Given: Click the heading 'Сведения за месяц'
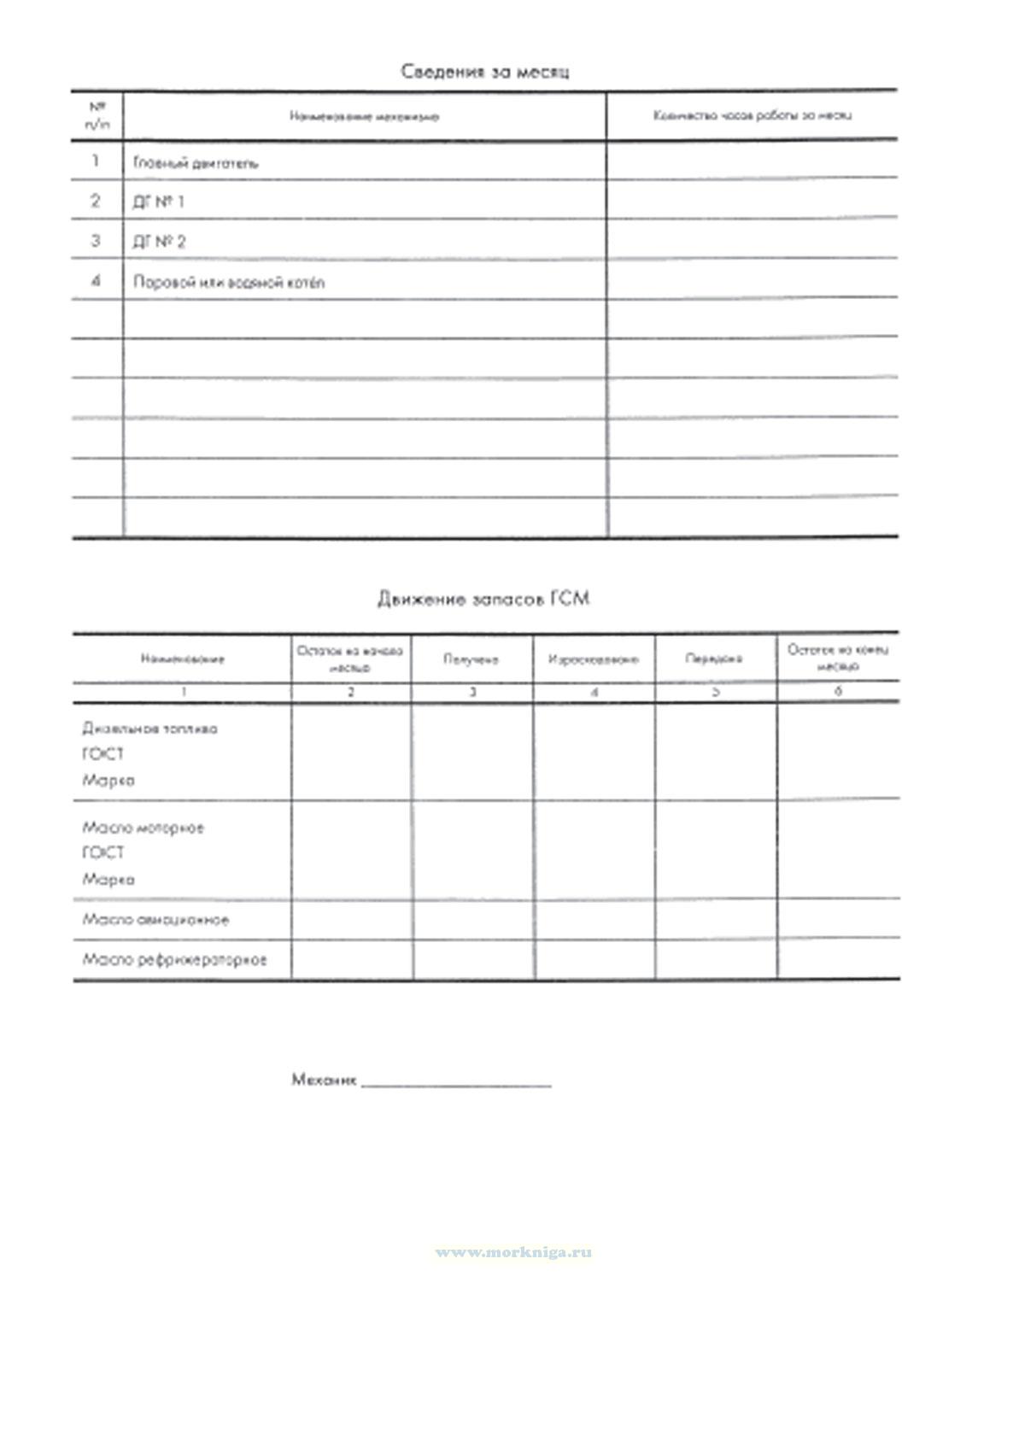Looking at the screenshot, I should coord(484,71).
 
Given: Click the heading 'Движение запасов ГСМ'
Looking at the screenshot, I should coord(483,599).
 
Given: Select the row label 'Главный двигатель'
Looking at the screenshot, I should coord(196,162).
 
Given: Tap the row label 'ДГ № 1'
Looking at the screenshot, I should coord(158,202).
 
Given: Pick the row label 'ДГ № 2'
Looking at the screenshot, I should coord(159,242).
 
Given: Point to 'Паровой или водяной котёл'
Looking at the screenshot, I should coord(229,282).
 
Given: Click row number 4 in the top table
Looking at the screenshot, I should coord(96,281).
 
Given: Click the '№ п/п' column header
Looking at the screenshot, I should coord(97,115).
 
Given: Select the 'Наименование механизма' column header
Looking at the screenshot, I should coord(365,116).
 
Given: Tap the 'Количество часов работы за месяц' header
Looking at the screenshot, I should coord(752,115).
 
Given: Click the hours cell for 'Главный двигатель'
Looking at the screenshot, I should coord(752,160).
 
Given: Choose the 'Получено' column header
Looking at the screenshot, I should coord(471,659).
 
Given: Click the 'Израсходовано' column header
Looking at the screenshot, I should coord(594,659).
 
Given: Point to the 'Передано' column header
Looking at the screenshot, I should coord(714,659).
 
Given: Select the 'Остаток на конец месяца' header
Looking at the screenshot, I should coord(837,657).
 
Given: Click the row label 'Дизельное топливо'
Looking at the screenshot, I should coord(149,729).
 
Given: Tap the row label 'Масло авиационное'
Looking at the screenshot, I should coord(155,920).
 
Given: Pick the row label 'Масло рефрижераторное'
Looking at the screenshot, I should coord(174,959).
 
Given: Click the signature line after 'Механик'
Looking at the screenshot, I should coord(456,1082).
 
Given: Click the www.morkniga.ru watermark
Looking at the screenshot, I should coord(513,1252).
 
